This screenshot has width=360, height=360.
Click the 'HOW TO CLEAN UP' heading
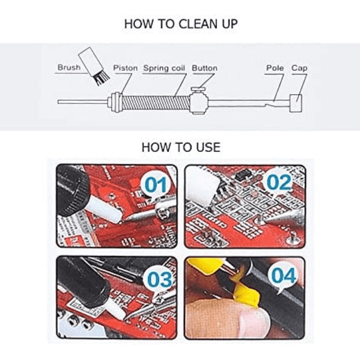click(x=181, y=24)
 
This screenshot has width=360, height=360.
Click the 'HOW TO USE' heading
click(x=181, y=147)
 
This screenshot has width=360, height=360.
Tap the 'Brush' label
click(x=69, y=67)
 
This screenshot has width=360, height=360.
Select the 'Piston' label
click(x=125, y=68)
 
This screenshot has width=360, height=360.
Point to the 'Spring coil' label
click(x=164, y=68)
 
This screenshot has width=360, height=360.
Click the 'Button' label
click(x=204, y=68)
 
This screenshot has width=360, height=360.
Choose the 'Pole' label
click(x=275, y=68)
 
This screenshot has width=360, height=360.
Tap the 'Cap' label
click(x=299, y=68)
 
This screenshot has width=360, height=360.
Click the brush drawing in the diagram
click(x=94, y=66)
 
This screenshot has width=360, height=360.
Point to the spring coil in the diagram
click(x=155, y=103)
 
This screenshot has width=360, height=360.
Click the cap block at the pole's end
click(x=295, y=103)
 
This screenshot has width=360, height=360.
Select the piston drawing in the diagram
click(x=115, y=102)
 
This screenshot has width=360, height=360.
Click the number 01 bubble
click(x=156, y=185)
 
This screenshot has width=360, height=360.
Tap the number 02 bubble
click(x=279, y=183)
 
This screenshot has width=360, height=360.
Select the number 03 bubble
click(x=159, y=280)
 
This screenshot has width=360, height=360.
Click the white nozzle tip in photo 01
click(x=104, y=210)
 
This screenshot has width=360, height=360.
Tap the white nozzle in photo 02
click(x=202, y=187)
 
